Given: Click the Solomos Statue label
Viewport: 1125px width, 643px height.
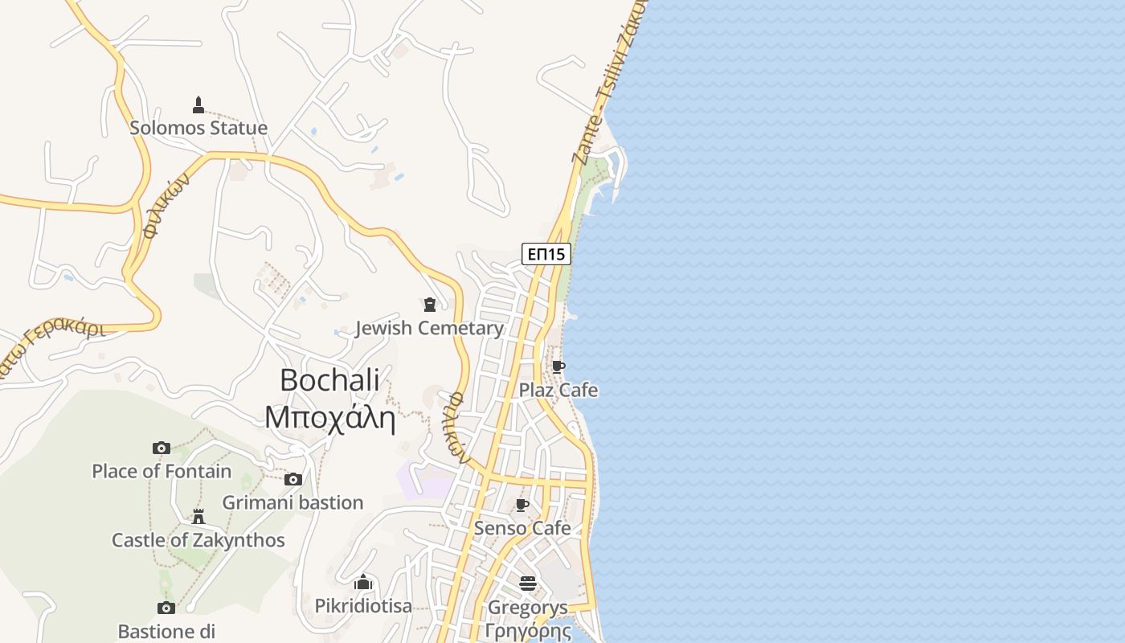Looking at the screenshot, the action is click(x=198, y=128).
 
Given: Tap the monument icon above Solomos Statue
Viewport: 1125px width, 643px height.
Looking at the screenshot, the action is click(x=198, y=104).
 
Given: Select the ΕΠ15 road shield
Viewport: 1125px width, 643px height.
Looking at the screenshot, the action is click(x=546, y=254).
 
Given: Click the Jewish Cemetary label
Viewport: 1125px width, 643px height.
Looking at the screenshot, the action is click(x=429, y=328).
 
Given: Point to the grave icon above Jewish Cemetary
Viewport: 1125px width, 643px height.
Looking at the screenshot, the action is click(x=430, y=305).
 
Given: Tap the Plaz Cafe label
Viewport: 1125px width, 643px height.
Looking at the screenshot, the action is click(x=558, y=391).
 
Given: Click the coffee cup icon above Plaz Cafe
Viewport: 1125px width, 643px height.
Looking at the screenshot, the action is click(x=558, y=367).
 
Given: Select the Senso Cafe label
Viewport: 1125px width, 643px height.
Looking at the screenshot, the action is click(x=522, y=528).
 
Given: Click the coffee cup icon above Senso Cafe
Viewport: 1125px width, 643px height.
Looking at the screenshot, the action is click(x=522, y=505).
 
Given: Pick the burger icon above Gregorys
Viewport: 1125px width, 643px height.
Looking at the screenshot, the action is click(x=528, y=584).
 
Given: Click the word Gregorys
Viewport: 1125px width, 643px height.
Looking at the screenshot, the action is click(x=528, y=608).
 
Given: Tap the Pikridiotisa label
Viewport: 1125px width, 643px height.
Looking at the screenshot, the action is click(x=363, y=605).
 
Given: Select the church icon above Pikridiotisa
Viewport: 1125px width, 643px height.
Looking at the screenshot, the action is click(x=364, y=581).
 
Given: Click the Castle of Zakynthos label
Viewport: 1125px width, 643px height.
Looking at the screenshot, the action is click(x=198, y=540).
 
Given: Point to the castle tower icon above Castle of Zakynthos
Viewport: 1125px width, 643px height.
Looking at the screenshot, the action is click(x=198, y=516).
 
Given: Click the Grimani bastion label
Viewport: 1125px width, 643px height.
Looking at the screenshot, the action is click(x=292, y=502).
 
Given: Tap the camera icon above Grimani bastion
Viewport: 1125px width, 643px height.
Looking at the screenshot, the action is click(x=293, y=479).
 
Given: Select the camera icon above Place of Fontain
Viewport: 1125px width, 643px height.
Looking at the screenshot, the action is click(x=162, y=448).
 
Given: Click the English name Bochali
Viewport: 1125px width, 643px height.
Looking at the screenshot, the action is click(x=329, y=380).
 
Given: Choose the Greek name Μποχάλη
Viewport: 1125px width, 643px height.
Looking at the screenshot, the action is click(x=329, y=418).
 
